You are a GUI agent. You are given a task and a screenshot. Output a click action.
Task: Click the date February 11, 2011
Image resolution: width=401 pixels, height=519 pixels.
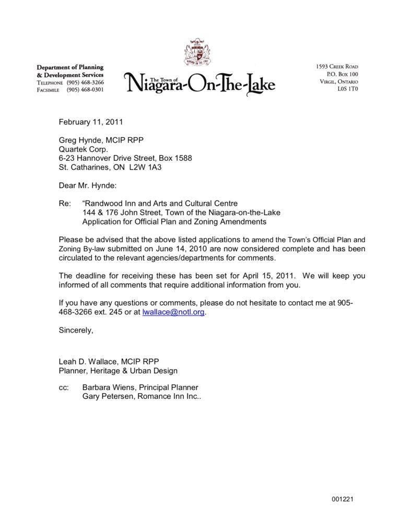[90, 123]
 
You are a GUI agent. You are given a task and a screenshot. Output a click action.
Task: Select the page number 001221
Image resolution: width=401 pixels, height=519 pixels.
[343, 500]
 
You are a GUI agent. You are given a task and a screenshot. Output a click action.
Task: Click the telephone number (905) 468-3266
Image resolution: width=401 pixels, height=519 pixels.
[85, 82]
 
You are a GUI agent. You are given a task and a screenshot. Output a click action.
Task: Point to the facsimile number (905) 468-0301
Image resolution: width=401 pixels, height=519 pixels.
[85, 90]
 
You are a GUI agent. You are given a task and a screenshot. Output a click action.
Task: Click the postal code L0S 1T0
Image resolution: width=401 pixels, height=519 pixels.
[348, 89]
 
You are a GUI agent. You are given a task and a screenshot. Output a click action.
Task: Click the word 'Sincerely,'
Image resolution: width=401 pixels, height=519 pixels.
[76, 331]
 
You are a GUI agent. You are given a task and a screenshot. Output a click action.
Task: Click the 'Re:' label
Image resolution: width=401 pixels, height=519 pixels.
[65, 203]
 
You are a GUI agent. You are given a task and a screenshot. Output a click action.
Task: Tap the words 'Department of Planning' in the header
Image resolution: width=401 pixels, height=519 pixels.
[70, 67]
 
